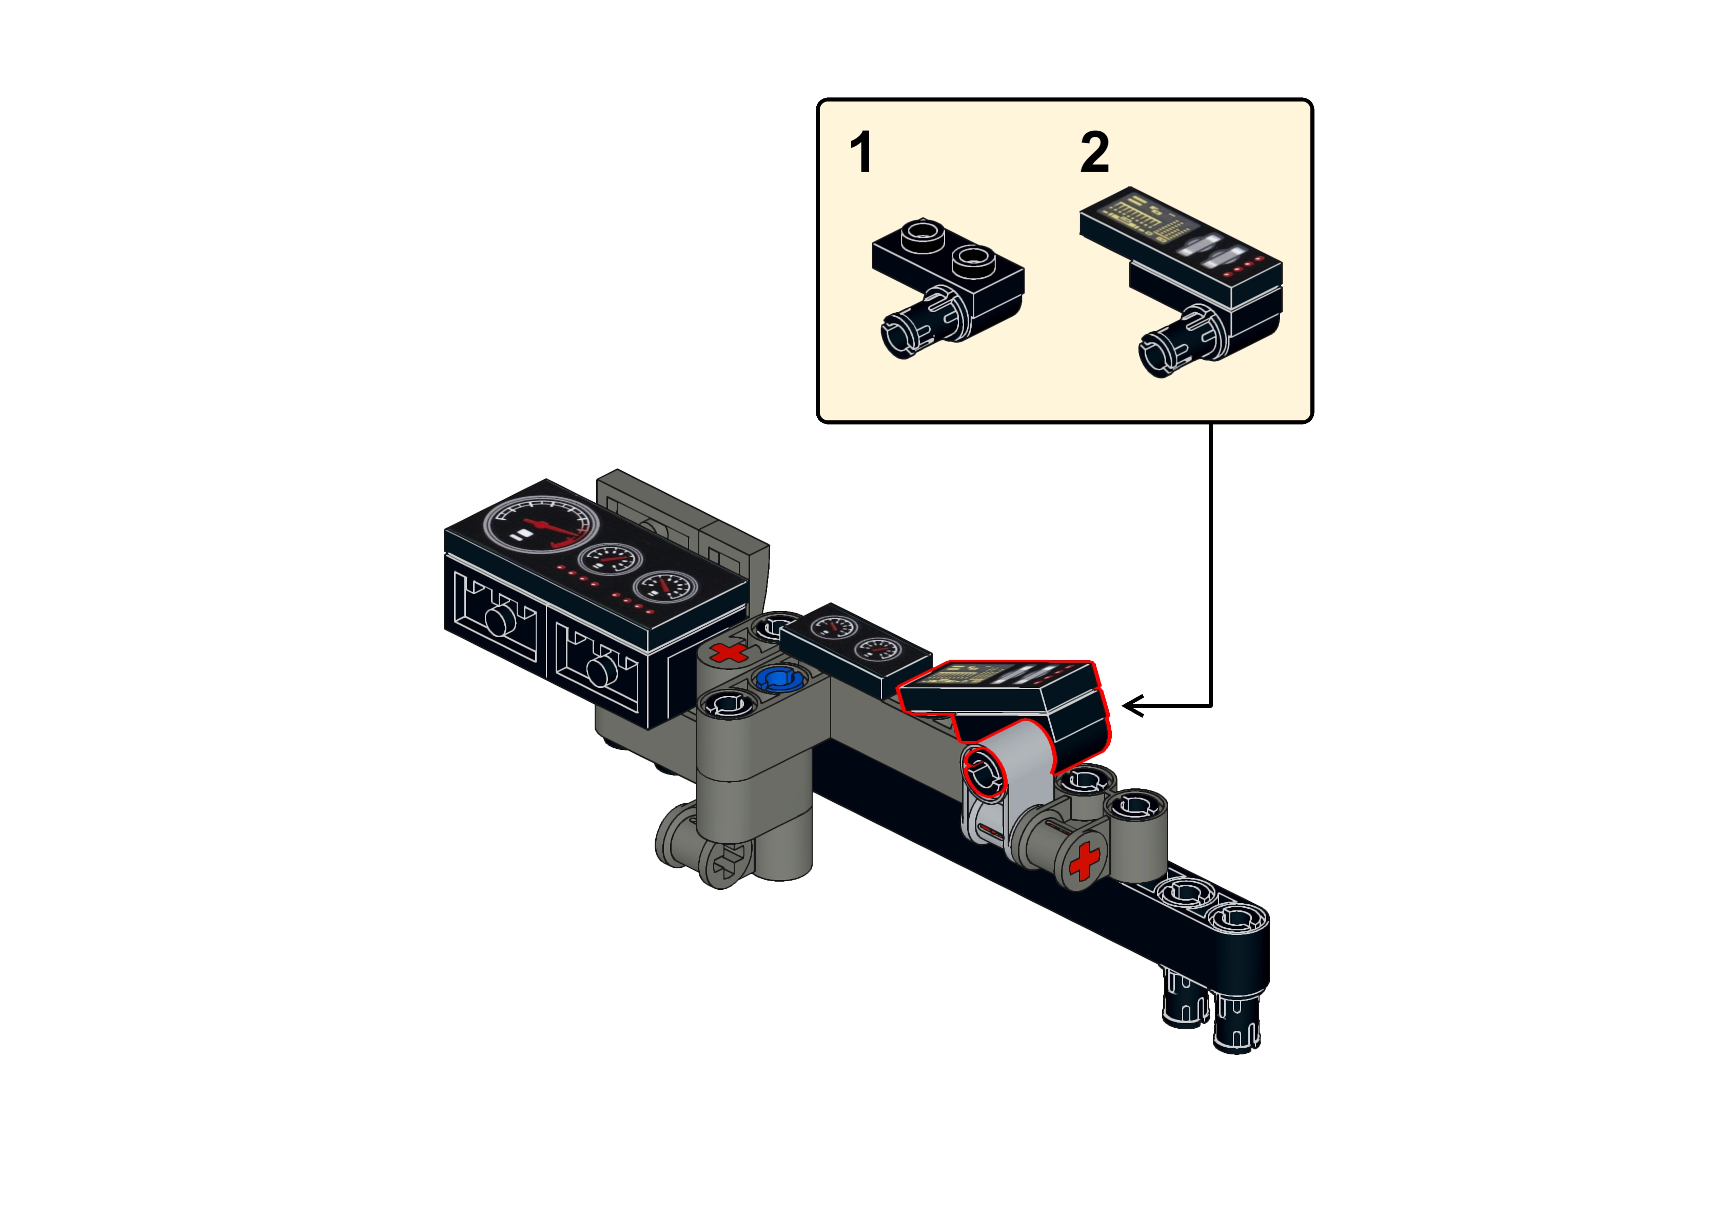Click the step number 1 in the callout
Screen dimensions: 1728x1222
[860, 152]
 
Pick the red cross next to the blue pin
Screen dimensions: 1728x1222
[728, 653]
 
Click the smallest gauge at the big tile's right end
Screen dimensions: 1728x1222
[665, 586]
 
